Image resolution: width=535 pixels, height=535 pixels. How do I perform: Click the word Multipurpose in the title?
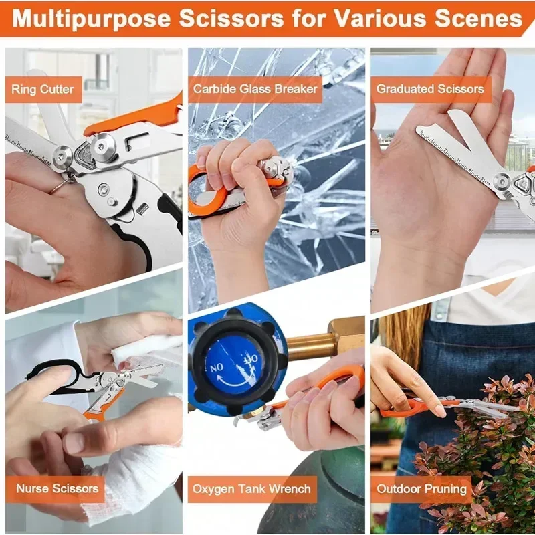92,18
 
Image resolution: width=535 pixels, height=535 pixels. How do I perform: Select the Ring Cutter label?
43,90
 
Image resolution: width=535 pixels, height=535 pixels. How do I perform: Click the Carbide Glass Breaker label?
255,89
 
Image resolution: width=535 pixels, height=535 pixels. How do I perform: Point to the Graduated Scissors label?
431,89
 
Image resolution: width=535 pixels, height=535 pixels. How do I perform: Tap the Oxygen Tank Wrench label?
252,489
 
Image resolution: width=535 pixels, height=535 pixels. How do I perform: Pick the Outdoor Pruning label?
421,489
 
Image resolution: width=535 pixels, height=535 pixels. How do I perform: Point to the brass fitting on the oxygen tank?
324,341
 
